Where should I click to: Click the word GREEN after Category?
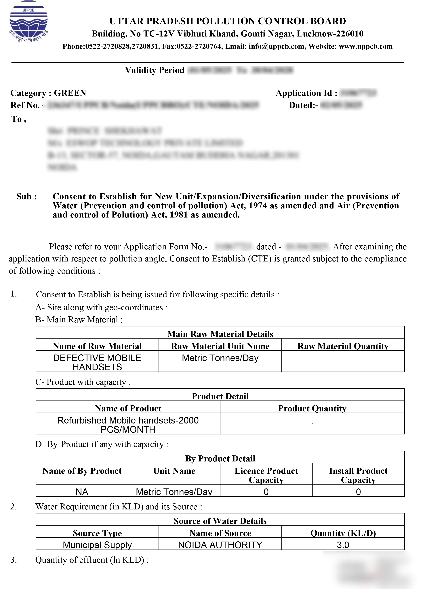pos(70,93)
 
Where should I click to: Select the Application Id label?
pos(306,93)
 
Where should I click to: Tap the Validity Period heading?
pos(155,70)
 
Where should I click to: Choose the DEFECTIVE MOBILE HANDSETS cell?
pos(97,362)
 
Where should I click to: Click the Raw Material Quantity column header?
pos(343,346)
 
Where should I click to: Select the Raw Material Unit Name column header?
pos(220,346)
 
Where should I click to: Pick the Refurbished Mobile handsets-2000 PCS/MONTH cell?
pos(128,425)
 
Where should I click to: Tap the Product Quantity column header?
pos(312,408)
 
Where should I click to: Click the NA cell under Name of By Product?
pos(82,492)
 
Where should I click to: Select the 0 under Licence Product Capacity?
pos(266,492)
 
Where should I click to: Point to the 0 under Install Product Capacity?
pos(358,492)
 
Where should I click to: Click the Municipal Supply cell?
pos(97,545)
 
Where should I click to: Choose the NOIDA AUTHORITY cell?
pos(220,545)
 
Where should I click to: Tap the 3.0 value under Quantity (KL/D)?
pos(343,545)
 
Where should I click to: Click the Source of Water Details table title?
pos(220,521)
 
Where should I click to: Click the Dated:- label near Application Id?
pos(303,105)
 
